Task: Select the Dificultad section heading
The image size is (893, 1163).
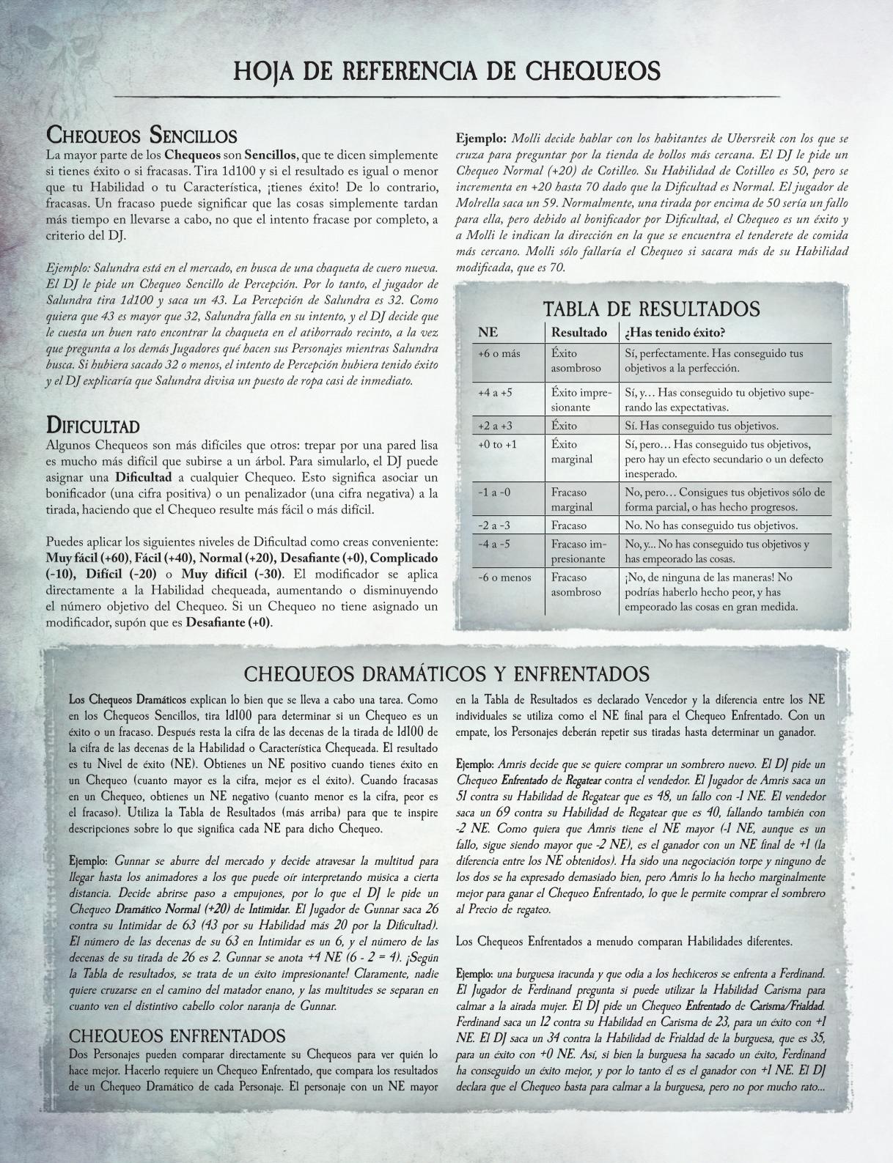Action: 92,425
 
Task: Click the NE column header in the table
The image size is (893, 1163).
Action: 488,333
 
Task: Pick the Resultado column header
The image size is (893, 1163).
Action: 579,333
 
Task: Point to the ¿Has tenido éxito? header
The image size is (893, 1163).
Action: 675,333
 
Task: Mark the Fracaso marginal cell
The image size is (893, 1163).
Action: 572,500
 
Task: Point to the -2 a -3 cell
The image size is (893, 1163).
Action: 494,525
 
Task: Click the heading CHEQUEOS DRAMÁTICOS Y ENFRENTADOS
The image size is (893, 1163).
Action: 446,673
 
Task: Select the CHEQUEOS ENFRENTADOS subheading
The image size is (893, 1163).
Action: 176,1035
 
